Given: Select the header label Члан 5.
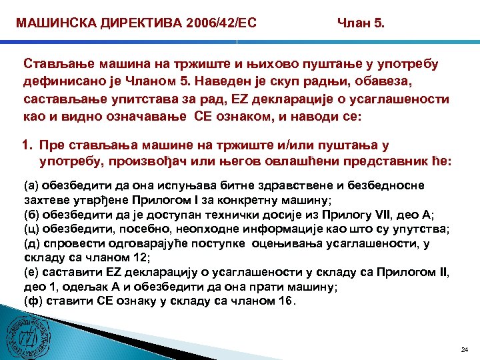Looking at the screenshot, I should coord(360,24).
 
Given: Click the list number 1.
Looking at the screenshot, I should coord(29,144).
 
